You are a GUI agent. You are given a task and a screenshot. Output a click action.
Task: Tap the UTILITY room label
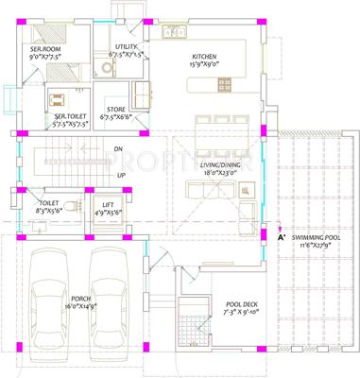click(x=126, y=46)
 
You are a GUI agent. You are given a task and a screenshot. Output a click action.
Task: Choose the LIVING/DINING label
click(x=221, y=164)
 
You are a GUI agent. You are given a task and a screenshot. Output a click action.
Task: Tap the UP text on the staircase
click(x=120, y=175)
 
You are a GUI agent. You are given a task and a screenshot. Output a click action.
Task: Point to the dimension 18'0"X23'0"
click(x=221, y=173)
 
